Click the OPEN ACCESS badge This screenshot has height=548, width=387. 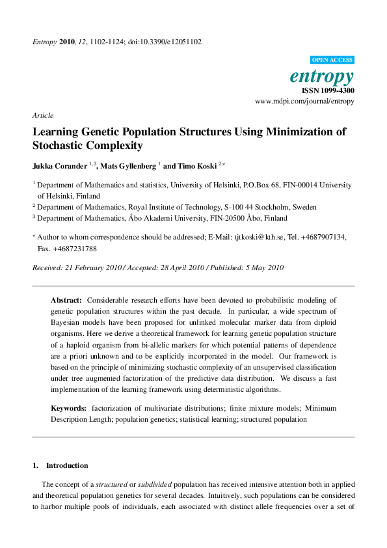(x=332, y=60)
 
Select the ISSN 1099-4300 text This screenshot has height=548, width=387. (x=328, y=90)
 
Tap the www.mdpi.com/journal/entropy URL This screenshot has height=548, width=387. (x=304, y=102)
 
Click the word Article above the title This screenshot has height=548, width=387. (x=43, y=115)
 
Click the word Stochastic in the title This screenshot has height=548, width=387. (x=60, y=146)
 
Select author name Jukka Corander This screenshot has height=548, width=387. (x=60, y=166)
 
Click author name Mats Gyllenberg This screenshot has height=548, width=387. (x=126, y=166)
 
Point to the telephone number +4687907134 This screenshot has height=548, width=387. (x=325, y=238)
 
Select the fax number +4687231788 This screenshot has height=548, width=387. (x=76, y=249)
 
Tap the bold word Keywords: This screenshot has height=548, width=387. (x=69, y=408)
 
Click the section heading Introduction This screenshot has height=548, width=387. (x=67, y=465)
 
